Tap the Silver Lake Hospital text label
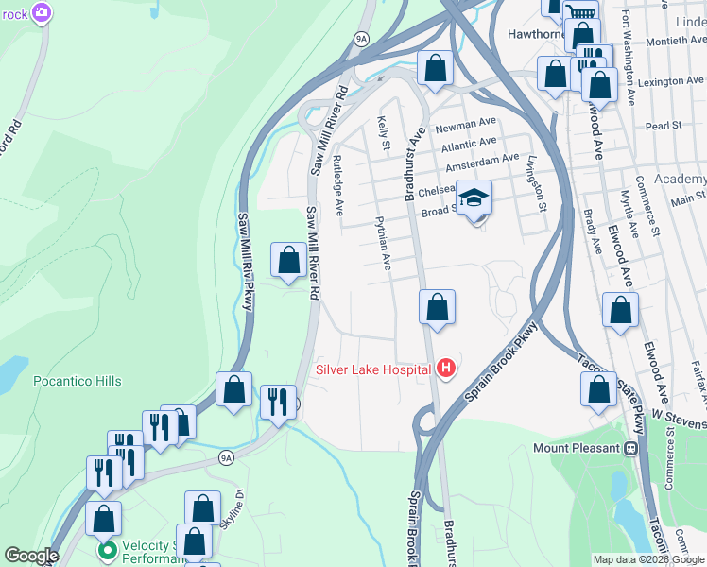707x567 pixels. [x=374, y=369]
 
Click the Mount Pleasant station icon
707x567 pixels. [x=629, y=448]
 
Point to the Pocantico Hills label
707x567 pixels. [x=78, y=381]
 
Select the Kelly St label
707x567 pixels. [x=384, y=132]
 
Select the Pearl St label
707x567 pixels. [x=664, y=125]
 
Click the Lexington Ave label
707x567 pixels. [x=672, y=82]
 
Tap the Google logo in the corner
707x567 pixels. [x=32, y=556]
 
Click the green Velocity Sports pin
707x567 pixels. [x=107, y=549]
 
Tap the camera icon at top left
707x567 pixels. [x=41, y=12]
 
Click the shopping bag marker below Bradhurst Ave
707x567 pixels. [x=437, y=307]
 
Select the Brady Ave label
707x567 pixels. [x=593, y=232]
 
